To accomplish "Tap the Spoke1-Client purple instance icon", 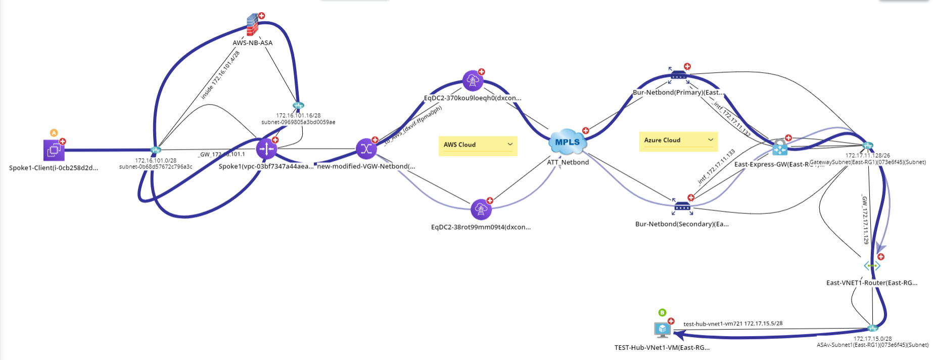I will point(54,150).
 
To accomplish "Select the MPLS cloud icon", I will point(568,142).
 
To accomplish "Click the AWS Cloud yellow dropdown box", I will point(478,145).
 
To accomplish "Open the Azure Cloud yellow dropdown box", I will point(678,141).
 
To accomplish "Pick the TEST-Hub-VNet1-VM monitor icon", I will point(662,330).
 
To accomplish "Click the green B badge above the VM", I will point(662,312).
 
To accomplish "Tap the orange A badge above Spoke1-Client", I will point(54,133).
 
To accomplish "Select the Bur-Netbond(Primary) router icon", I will point(678,76).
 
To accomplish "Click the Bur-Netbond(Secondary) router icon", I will point(682,206).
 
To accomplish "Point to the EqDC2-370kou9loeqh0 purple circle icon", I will point(473,80).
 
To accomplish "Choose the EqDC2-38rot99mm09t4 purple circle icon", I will point(481,209).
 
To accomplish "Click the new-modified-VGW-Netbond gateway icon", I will point(366,149).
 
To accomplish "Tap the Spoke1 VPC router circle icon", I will point(266,149).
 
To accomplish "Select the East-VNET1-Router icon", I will point(872,265).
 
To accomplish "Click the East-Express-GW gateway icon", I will point(780,148).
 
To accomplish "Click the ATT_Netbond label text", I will point(568,162).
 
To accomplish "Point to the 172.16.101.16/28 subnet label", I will point(298,116).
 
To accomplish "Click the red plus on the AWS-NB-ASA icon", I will point(262,16).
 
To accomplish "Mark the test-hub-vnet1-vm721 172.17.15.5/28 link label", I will point(733,324).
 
